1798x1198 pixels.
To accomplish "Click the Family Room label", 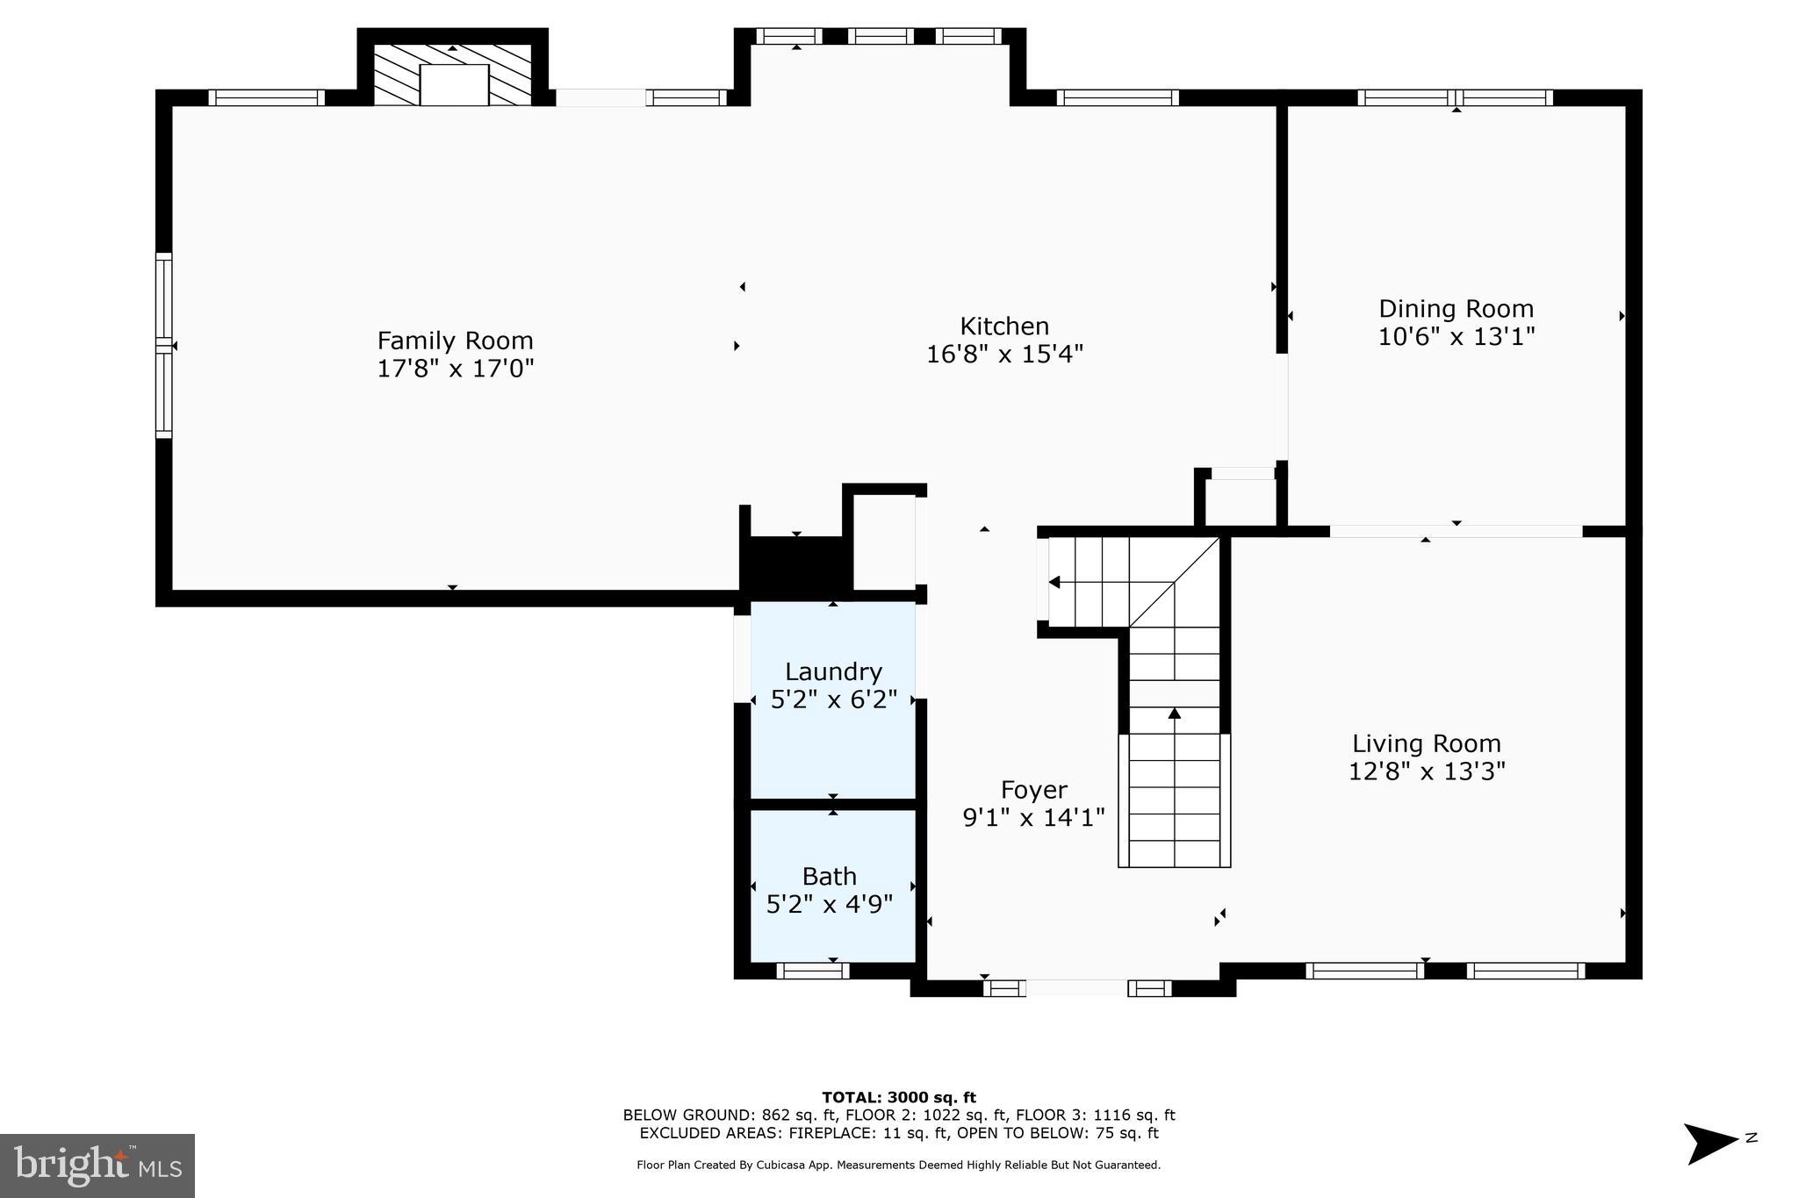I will [455, 341].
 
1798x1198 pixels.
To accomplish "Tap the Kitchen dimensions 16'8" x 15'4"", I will [1004, 355].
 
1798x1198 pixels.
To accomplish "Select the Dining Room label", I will [1456, 309].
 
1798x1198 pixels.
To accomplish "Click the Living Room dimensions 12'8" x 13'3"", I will [1427, 771].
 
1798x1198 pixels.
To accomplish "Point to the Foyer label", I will [1033, 790].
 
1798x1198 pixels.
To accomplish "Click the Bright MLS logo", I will [97, 1166].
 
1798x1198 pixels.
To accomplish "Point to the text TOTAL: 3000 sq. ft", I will [898, 1097].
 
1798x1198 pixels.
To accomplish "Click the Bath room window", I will [812, 971].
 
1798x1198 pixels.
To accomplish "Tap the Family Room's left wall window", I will [164, 345].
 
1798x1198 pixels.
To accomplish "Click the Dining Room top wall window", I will [1455, 97].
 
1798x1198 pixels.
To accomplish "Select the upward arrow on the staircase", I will [1175, 714].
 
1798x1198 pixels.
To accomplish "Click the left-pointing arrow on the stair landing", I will [1054, 582].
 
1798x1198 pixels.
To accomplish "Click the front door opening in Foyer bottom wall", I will [1076, 988].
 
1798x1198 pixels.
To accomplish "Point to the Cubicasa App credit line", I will [898, 1166].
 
